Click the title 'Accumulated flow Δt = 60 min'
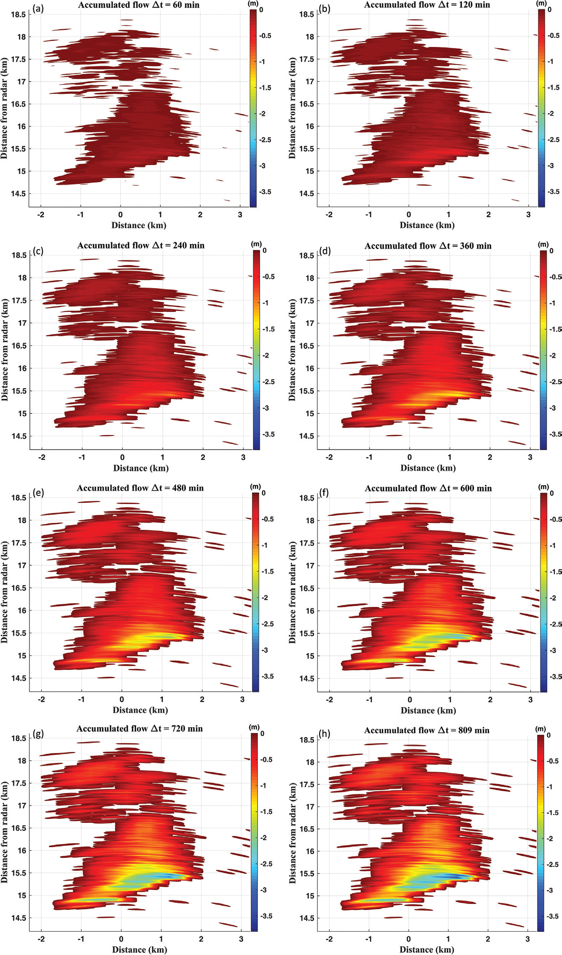pos(139,5)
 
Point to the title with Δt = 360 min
pos(428,246)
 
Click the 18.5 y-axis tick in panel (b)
pos(306,14)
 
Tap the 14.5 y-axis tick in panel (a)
pos(18,193)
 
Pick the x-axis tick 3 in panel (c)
pos(243,457)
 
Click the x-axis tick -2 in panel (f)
pos(330,699)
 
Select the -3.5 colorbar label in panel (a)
pos(265,192)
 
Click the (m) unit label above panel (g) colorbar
pos(254,727)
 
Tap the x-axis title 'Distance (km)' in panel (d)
pos(428,468)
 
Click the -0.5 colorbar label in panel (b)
pos(554,35)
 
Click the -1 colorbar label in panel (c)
pos(266,303)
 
